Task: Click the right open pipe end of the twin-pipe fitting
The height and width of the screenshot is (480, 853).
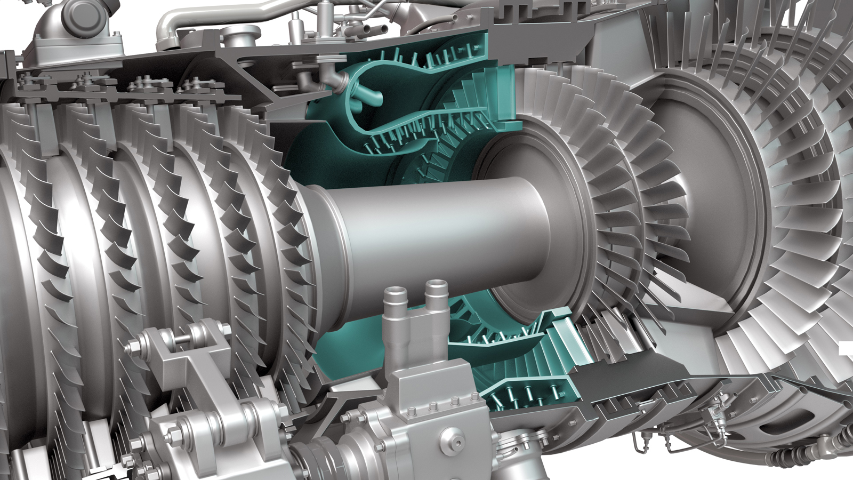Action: coord(436,286)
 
